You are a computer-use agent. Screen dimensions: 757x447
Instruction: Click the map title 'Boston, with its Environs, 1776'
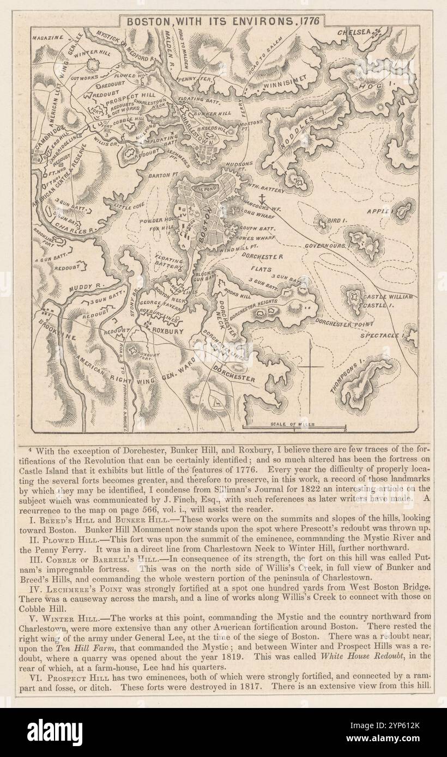coord(222,21)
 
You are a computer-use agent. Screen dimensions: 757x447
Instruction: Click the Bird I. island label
coord(338,220)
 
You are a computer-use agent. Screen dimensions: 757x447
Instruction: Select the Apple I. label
coord(378,211)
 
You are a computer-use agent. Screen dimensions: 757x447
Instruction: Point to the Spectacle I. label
coord(381,335)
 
